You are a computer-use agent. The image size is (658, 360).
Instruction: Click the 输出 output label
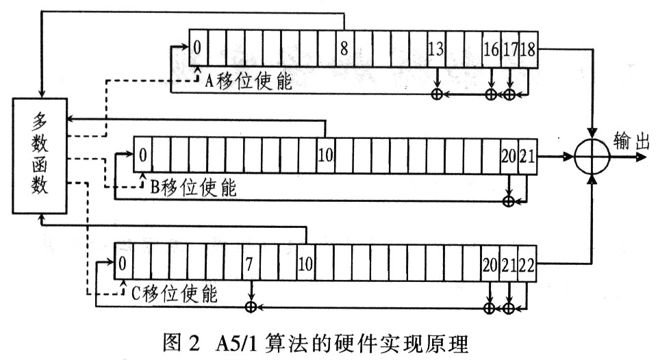[x=631, y=141]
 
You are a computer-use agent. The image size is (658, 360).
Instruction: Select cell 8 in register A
[x=345, y=49]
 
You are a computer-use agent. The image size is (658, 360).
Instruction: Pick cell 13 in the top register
[x=436, y=49]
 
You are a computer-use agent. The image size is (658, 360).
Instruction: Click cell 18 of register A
[x=529, y=49]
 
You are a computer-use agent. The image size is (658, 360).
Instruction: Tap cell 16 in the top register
[x=492, y=49]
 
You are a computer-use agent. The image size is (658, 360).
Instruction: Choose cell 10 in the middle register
[x=326, y=155]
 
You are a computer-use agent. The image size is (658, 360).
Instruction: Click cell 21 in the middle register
[x=527, y=155]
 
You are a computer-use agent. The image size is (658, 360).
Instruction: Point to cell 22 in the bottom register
[x=527, y=263]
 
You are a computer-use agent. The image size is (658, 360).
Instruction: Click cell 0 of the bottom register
[x=123, y=263]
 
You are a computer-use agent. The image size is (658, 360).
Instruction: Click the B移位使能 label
[x=193, y=187]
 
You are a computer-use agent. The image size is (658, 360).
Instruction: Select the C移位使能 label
[x=175, y=293]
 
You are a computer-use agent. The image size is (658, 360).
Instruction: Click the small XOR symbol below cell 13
[x=437, y=94]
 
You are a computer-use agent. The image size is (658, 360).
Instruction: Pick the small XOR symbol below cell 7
[x=251, y=307]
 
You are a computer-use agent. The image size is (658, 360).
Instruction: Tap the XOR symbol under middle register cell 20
[x=509, y=201]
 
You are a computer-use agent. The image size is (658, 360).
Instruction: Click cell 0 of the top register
[x=198, y=49]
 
